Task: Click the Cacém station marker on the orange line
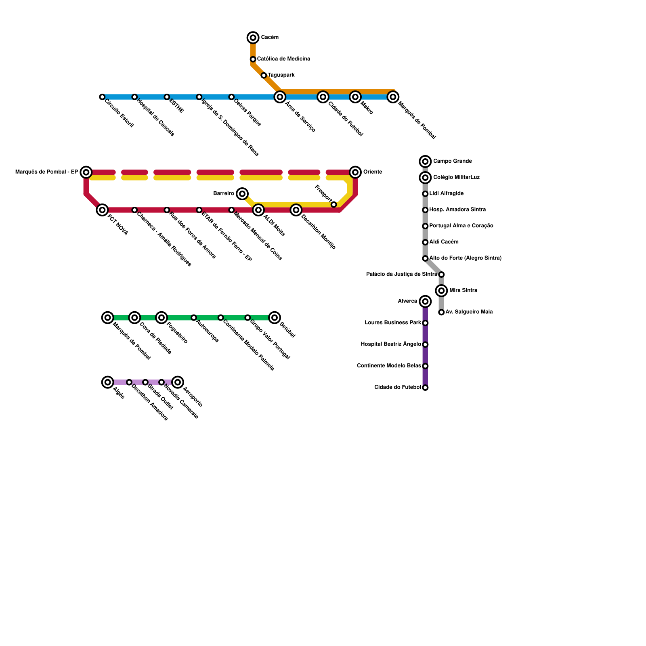coord(253,38)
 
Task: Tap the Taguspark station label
coord(281,75)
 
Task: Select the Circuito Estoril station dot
coord(102,97)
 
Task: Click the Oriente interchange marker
coord(355,172)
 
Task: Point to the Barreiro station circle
coord(242,194)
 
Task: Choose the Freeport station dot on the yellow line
coord(334,205)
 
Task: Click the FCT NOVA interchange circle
coord(103,210)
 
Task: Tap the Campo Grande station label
coord(452,161)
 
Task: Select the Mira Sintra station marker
coord(442,291)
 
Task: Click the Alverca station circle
coord(425,302)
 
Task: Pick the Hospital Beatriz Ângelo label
coord(390,344)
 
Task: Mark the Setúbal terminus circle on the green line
coord(275,318)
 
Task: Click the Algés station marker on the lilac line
coord(107,382)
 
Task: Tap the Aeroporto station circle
coord(178,382)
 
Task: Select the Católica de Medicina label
coord(283,59)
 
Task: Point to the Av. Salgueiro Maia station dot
coord(442,313)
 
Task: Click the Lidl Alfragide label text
coord(446,194)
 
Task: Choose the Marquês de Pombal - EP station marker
coord(86,172)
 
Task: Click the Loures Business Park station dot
coord(425,323)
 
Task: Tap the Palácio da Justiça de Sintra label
coord(401,275)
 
